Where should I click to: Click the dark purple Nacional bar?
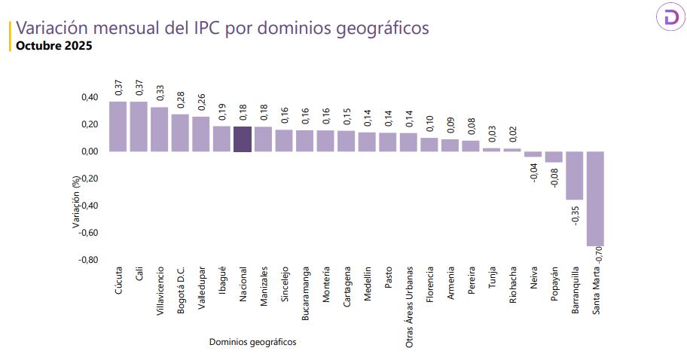point(243,139)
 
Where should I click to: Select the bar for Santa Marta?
point(596,199)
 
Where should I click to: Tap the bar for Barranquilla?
point(575,175)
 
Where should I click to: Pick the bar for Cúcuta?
point(118,127)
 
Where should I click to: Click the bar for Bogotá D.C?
point(181,133)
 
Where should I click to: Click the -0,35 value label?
point(575,215)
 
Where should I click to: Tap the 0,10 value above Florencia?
point(429,124)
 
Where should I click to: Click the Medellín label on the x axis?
point(367,282)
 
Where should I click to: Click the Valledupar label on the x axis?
point(201,285)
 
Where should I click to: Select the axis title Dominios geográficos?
point(252,342)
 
